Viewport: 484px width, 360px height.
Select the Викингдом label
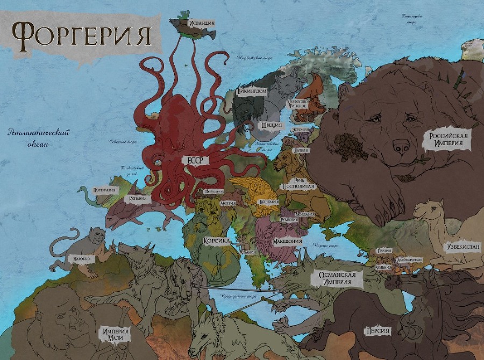[x=252, y=92]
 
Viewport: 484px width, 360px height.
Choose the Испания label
[x=138, y=198]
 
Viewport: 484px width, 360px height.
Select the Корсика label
[x=217, y=241]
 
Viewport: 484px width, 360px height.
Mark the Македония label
[x=287, y=241]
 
